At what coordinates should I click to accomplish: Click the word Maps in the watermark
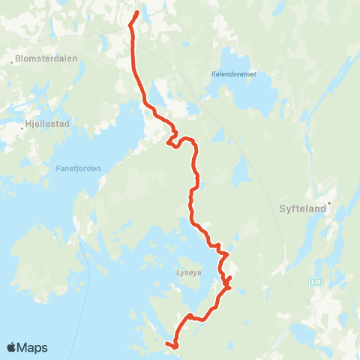[34, 347]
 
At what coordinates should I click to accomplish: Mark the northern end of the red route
[137, 13]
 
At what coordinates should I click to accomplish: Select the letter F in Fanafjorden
[58, 168]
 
